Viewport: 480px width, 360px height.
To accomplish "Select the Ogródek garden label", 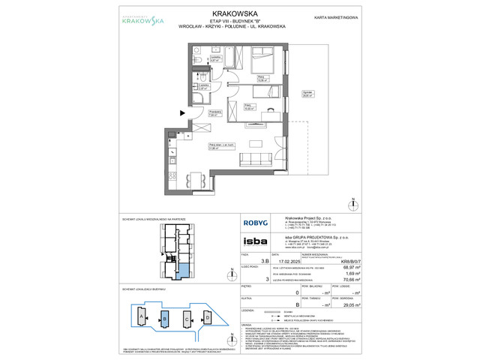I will [307, 95].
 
